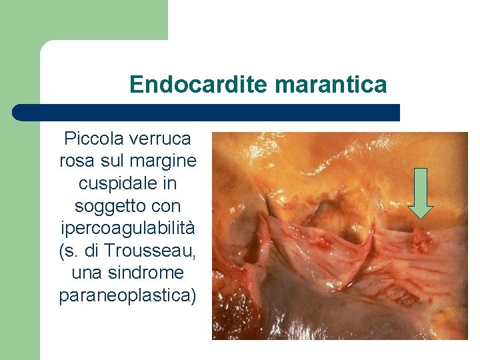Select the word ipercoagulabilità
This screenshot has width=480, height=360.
coord(127,228)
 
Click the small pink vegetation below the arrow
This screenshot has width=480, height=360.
coord(422,240)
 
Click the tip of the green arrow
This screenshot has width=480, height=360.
coord(421,217)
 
